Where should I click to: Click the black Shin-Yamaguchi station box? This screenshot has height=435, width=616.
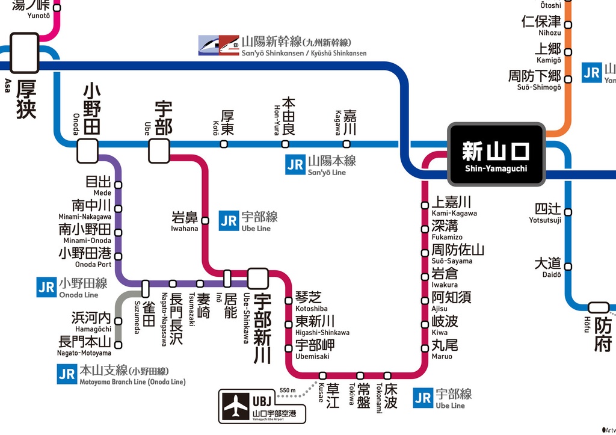(496, 154)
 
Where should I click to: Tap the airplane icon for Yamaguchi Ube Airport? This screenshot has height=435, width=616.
(236, 407)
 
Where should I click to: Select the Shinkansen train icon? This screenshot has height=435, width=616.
(218, 45)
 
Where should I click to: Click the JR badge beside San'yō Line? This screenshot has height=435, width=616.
(295, 165)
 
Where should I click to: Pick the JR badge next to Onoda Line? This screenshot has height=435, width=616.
(46, 288)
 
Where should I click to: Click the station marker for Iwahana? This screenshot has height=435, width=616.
(205, 221)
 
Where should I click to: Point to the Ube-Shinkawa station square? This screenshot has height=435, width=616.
(257, 279)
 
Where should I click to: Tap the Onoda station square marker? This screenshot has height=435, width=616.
(87, 150)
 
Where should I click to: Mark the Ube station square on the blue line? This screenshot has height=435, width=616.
(159, 150)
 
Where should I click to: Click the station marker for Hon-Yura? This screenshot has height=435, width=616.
(285, 144)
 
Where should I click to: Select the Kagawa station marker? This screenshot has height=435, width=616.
(346, 144)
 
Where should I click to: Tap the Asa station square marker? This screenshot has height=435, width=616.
(25, 53)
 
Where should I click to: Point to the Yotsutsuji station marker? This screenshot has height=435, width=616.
(568, 212)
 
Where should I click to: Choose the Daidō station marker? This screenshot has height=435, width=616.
(568, 267)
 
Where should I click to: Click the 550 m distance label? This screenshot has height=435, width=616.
(288, 390)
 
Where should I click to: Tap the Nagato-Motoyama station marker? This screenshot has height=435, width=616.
(119, 345)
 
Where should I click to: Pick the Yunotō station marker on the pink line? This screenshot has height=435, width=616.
(57, 8)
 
